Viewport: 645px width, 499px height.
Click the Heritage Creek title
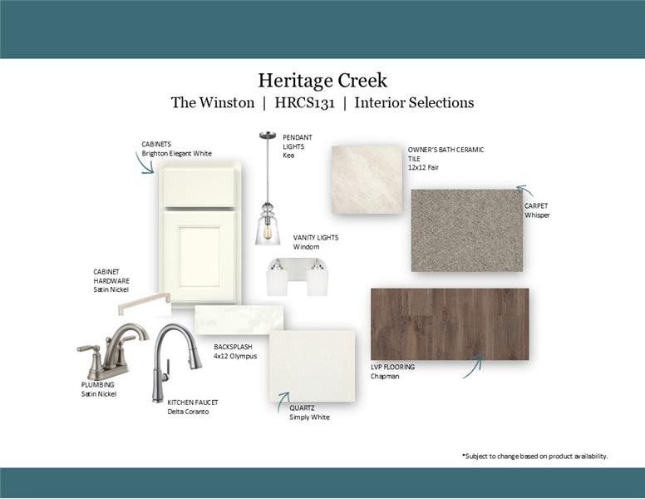[x=322, y=81]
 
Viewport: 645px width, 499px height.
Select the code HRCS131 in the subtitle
[x=303, y=103]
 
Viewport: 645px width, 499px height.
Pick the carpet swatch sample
[x=466, y=230]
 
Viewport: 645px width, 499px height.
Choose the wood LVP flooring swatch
[x=449, y=324]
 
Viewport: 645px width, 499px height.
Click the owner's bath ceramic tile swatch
[x=367, y=180]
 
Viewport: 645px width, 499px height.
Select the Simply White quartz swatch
[x=312, y=366]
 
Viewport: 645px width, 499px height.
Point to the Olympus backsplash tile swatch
[x=239, y=319]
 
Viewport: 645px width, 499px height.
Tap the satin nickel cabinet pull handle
[x=144, y=304]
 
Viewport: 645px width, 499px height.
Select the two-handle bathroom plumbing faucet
[x=111, y=353]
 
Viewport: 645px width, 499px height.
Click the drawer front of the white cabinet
[x=199, y=186]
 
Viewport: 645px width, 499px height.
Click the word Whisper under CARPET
[x=537, y=215]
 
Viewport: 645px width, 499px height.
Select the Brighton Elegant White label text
[x=177, y=154]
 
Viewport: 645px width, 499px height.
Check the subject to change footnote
[x=534, y=456]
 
